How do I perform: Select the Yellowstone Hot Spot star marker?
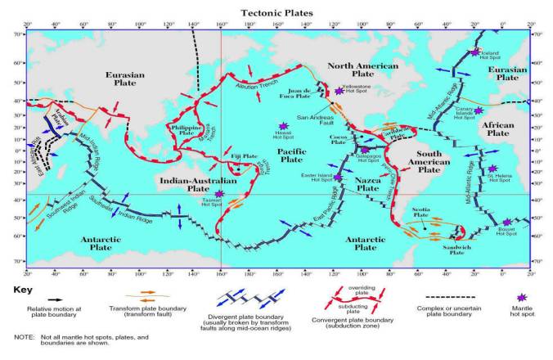click(x=339, y=90)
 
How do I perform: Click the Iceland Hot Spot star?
click(x=475, y=52)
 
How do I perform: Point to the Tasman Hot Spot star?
click(x=219, y=194)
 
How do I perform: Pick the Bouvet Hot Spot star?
click(x=507, y=222)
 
